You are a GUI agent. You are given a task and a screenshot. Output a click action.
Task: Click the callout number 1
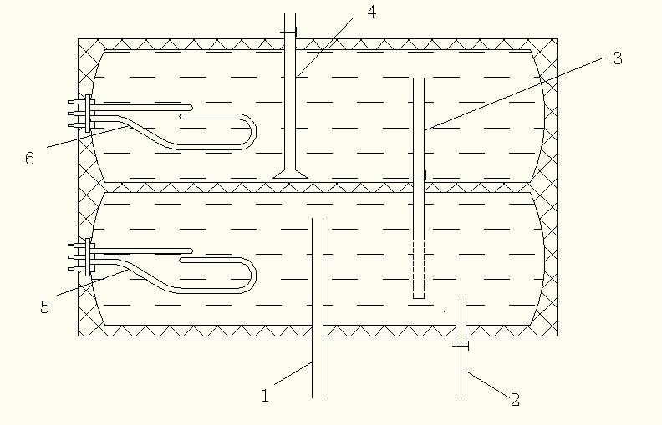(265, 396)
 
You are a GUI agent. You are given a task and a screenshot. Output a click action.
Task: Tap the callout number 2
(515, 399)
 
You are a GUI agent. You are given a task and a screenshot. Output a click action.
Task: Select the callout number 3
(618, 58)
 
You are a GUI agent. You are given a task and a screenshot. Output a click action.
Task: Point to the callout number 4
(371, 13)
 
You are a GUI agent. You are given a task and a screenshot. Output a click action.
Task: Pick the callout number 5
(45, 306)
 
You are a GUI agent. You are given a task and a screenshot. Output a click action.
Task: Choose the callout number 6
(29, 158)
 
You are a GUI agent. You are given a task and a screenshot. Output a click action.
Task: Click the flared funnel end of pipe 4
(290, 174)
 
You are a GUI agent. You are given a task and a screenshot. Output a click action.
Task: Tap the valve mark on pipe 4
(288, 32)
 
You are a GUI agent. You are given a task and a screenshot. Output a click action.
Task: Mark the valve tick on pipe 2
(461, 347)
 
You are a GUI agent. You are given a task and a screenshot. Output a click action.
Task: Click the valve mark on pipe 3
(418, 175)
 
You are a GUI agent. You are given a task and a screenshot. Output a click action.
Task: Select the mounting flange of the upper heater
(88, 114)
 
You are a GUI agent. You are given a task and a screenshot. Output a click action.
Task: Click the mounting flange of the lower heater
(88, 257)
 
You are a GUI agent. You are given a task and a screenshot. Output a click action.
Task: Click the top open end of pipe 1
(318, 219)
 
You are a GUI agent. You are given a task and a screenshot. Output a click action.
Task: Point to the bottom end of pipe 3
(419, 298)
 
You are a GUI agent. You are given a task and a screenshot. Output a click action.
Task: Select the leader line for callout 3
(514, 94)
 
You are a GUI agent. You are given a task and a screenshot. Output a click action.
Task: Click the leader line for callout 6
(88, 137)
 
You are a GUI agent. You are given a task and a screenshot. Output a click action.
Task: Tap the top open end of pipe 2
(461, 300)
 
